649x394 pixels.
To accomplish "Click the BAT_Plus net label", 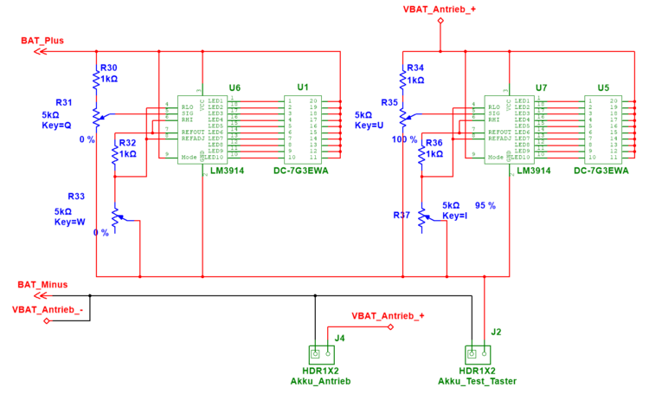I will [42, 41].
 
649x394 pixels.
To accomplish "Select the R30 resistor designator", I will [109, 68].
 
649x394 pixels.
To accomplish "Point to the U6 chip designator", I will [235, 87].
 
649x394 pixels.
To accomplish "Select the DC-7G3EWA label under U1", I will [300, 171].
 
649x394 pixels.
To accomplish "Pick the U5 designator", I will [603, 87].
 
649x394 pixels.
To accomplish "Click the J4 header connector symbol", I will [322, 353].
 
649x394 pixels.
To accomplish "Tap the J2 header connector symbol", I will [477, 353].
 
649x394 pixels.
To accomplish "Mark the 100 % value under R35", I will [404, 139].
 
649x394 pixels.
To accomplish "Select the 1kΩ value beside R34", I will [415, 80].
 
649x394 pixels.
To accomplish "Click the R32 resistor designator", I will [127, 143].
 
